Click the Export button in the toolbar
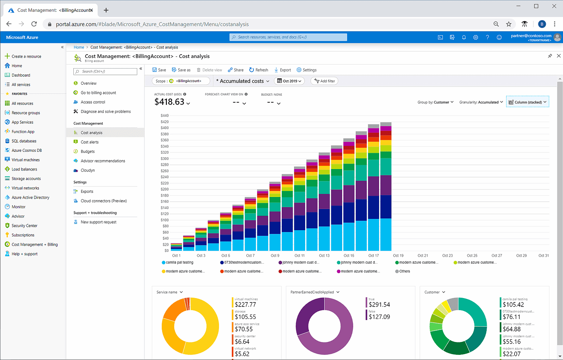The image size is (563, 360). point(283,70)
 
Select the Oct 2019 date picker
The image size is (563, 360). point(289,81)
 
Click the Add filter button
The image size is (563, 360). point(325,81)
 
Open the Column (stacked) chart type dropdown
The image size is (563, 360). point(527,102)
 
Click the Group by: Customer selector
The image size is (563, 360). point(435,102)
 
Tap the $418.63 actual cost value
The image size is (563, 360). point(169,102)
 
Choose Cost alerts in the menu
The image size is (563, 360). point(89,142)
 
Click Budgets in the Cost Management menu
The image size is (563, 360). point(88,151)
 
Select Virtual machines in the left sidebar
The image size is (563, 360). point(25,160)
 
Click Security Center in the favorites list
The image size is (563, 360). point(24,226)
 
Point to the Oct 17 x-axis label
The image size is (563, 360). point(373,256)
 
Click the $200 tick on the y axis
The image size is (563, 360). point(165,189)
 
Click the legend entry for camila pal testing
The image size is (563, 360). point(179,262)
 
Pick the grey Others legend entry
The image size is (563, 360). point(404,271)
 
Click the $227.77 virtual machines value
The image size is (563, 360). point(245,305)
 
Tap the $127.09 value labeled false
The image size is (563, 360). point(379,317)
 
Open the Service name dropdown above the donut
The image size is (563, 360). point(169,292)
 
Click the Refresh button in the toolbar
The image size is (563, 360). point(259,70)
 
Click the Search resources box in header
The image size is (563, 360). point(288,37)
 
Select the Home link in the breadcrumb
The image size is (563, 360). point(79,47)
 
